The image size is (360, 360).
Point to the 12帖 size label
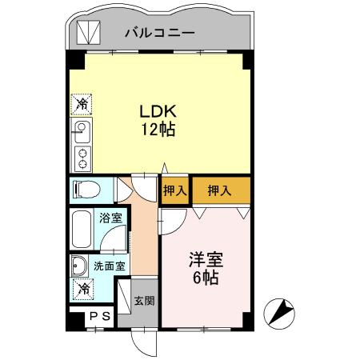pos(156,129)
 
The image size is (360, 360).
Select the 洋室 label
pos(205,260)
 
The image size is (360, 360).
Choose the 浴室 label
pos(110,218)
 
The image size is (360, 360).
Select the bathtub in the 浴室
pos(82,230)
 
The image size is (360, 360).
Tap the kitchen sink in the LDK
pos(82,130)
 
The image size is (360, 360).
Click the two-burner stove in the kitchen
pos(82,157)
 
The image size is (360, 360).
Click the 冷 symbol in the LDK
pos(82,104)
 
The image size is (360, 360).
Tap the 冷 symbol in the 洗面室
pos(82,289)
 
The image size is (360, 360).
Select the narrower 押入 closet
pos(174,190)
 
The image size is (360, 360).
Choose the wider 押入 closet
pos(219,190)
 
